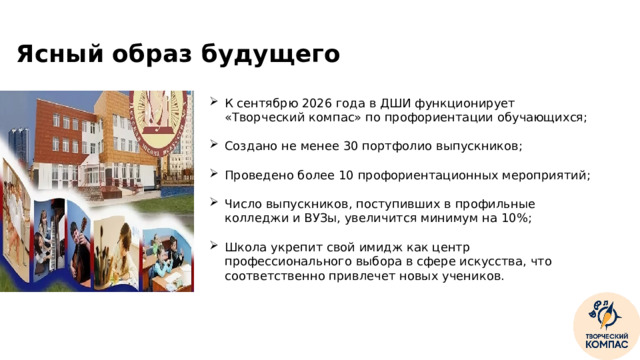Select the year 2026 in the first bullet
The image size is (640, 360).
point(326,103)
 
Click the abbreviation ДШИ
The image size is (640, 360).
point(404,103)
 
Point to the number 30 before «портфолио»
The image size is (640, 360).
point(352,146)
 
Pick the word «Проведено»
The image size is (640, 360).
point(257,175)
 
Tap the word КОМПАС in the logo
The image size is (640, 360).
point(606,344)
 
